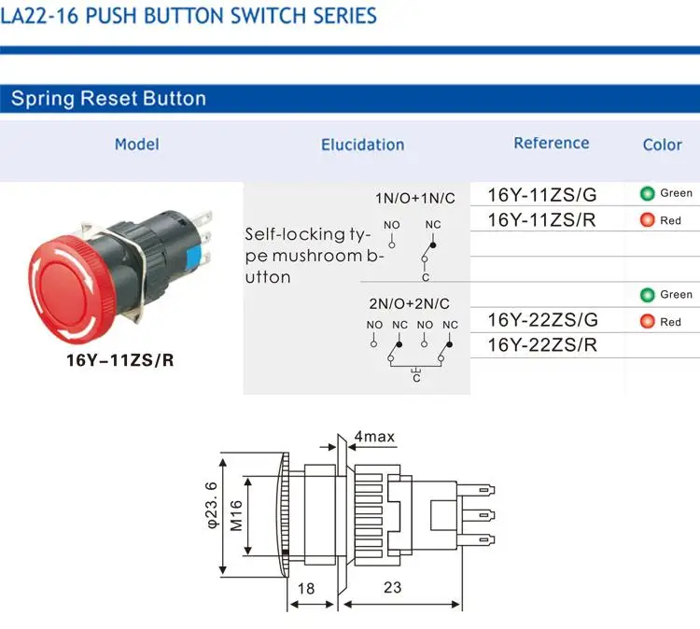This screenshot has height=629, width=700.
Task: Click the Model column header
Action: click(x=136, y=144)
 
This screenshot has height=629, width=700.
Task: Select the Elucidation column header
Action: click(x=362, y=145)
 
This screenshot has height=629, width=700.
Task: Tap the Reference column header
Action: click(x=551, y=143)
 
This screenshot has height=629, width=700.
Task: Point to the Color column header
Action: click(x=662, y=145)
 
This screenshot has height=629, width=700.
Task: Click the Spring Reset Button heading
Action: click(x=108, y=99)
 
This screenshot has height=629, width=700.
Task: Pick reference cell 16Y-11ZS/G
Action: click(x=541, y=194)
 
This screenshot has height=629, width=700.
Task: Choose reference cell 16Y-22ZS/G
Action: click(x=541, y=320)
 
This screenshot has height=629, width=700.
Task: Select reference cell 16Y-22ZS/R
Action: click(x=541, y=345)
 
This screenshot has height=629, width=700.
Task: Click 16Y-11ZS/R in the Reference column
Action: click(x=541, y=220)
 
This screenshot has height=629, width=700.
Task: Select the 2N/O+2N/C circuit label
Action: click(x=410, y=303)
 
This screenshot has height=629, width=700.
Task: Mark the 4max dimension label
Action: click(x=375, y=437)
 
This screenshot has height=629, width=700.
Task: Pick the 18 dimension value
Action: click(x=304, y=588)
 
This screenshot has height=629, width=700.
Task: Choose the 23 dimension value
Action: click(x=392, y=588)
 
